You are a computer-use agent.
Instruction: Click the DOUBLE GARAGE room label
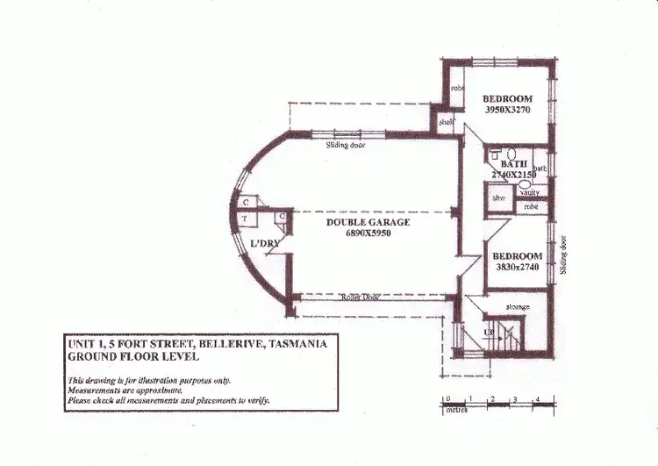[x=368, y=223]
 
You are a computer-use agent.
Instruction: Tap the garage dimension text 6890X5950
[x=368, y=235]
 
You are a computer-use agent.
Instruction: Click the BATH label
[x=513, y=164]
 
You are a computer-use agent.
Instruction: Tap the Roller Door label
[x=359, y=298]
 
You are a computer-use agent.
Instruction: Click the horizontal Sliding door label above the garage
[x=345, y=146]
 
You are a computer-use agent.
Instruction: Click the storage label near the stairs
[x=518, y=306]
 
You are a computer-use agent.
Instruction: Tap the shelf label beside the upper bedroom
[x=446, y=123]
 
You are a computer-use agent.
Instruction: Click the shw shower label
[x=498, y=199]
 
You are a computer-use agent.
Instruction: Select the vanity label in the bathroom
[x=529, y=192]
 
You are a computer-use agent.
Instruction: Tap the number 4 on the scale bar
[x=537, y=399]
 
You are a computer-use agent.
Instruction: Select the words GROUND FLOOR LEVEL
[x=133, y=357]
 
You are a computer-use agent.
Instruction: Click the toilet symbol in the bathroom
[x=498, y=154]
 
